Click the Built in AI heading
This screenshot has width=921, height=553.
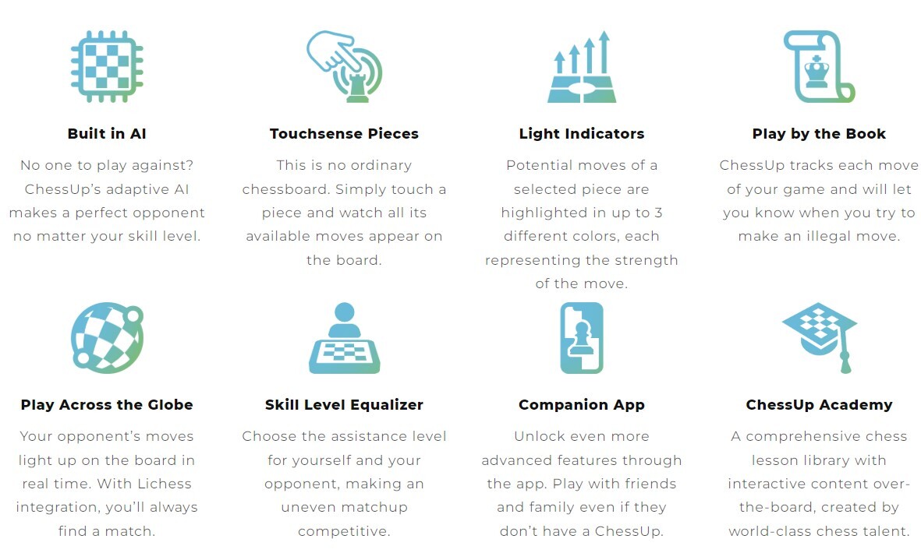pos(107,134)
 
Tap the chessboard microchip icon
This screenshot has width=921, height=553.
pos(107,66)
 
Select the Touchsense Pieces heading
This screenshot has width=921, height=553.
pos(344,134)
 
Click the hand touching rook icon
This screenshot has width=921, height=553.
pos(345,66)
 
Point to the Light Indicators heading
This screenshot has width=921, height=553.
pos(582,134)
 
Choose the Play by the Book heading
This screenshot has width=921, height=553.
pos(819,134)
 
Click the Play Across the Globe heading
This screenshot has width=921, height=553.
pos(107,405)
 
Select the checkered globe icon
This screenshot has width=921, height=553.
pos(107,338)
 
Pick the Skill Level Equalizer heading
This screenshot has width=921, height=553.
pos(344,405)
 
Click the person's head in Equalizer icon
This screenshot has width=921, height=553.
pos(344,312)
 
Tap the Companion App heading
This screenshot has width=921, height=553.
pos(582,405)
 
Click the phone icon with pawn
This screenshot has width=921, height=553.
pos(582,338)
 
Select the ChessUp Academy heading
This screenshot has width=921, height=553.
pos(819,405)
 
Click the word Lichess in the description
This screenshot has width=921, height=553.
pos(165,484)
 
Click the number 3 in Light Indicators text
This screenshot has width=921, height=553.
pos(658,213)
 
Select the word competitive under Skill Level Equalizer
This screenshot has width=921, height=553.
pos(344,531)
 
